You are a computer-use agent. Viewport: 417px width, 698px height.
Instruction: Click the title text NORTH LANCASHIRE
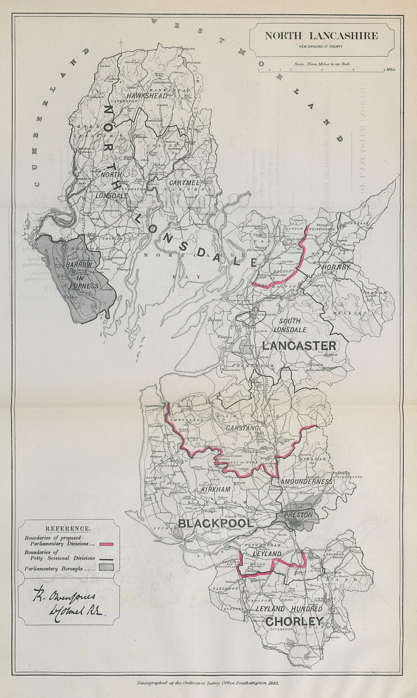(x=321, y=36)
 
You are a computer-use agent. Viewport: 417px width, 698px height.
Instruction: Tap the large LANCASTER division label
(x=299, y=346)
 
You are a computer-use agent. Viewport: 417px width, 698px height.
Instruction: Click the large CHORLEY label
(x=294, y=621)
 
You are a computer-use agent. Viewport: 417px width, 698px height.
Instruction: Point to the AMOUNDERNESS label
(x=307, y=482)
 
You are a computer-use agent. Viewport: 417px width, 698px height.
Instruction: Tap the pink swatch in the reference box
(x=107, y=544)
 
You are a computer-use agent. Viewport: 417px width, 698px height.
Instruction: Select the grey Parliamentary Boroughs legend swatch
(x=107, y=567)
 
